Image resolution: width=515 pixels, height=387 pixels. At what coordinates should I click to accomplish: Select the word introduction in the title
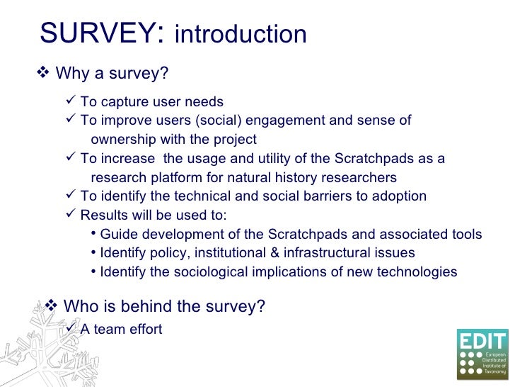240,35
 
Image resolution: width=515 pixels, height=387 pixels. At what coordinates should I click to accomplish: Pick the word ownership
122,140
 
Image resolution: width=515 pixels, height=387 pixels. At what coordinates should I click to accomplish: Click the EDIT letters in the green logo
482,340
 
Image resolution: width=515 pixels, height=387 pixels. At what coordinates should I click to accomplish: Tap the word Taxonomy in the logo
494,371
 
